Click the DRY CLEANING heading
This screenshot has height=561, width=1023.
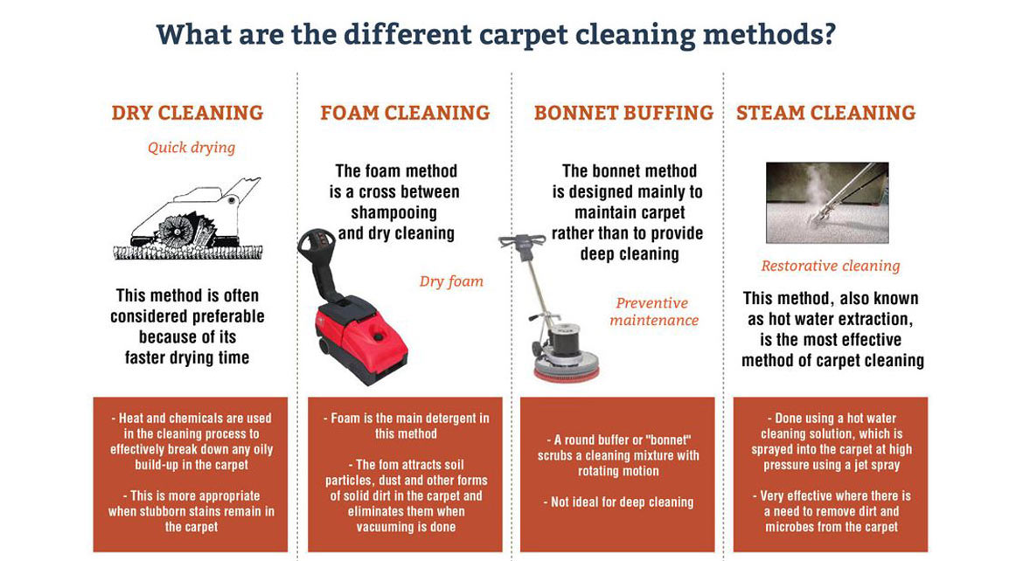pyautogui.click(x=187, y=113)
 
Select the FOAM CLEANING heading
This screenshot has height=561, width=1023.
pyautogui.click(x=405, y=113)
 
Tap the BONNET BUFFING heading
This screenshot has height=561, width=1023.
pyautogui.click(x=623, y=113)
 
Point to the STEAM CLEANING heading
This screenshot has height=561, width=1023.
pyautogui.click(x=825, y=113)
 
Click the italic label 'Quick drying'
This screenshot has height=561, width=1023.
pyautogui.click(x=191, y=147)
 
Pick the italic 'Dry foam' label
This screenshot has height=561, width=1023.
pyautogui.click(x=451, y=280)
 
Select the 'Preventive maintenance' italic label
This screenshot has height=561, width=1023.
pyautogui.click(x=654, y=311)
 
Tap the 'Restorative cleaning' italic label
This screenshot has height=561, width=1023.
pyautogui.click(x=830, y=266)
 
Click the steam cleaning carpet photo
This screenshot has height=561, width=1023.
pyautogui.click(x=827, y=202)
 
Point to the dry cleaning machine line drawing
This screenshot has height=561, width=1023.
pyautogui.click(x=187, y=219)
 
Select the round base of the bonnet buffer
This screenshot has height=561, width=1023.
pyautogui.click(x=567, y=363)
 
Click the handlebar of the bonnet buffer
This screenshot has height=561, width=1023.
pyautogui.click(x=522, y=240)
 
